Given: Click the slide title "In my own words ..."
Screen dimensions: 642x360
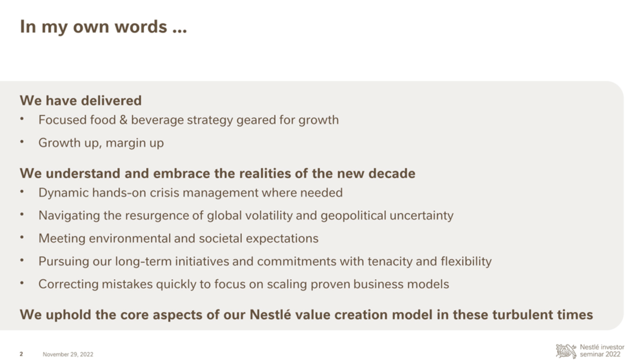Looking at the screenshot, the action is (103, 27).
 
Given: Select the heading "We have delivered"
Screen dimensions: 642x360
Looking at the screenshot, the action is (81, 100).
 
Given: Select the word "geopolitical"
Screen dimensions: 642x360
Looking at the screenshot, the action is (353, 216).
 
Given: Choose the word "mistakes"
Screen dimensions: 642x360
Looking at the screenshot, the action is (127, 285).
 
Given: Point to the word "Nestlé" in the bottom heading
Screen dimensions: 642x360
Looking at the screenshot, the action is (270, 315).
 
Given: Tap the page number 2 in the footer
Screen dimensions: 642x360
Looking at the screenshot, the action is (21, 354).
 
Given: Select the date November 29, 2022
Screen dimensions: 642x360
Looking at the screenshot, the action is (68, 354).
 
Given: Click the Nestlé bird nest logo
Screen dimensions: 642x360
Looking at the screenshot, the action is (567, 351).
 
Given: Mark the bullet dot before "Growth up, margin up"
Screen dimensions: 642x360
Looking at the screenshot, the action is (22, 142).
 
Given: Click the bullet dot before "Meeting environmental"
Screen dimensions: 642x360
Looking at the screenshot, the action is (22, 238).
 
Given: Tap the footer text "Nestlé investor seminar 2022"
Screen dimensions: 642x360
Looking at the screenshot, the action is (602, 351).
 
